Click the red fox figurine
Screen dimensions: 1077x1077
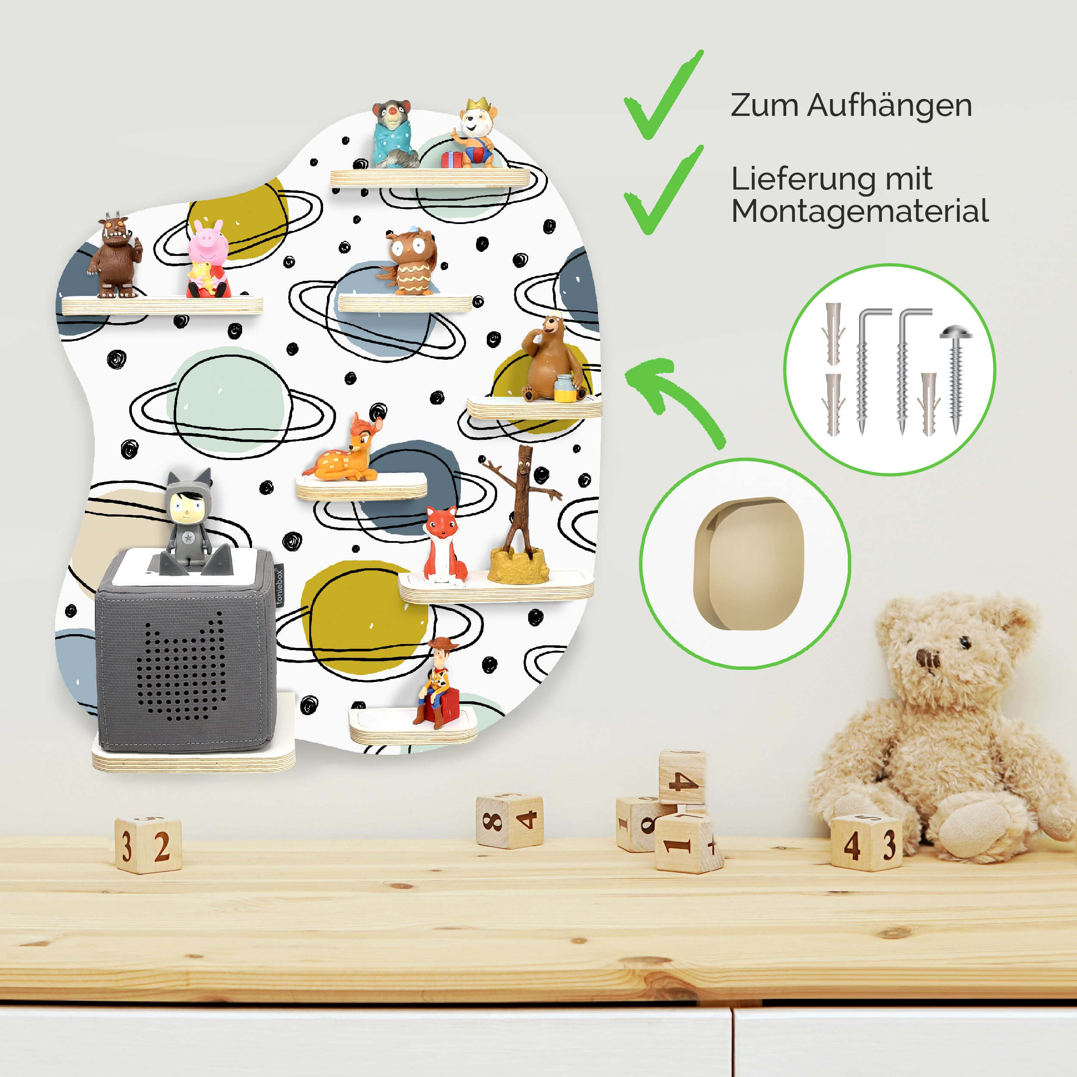point(444,546)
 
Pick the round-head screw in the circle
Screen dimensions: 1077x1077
point(956,379)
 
